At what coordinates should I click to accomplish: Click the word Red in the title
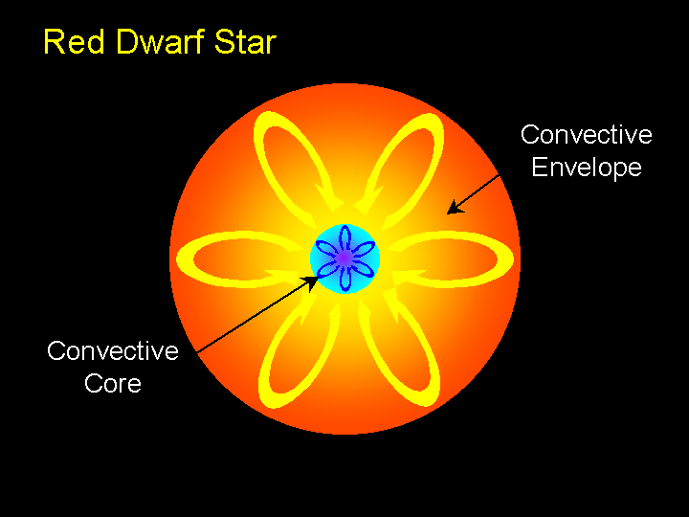point(75,42)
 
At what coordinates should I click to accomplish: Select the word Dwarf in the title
point(160,42)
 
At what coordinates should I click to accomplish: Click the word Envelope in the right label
point(587,168)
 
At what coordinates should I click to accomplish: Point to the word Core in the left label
point(113,383)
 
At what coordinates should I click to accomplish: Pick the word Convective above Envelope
point(587,134)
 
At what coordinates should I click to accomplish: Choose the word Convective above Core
point(113,350)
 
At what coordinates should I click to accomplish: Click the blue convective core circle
point(344,258)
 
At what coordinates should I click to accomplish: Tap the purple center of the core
point(344,258)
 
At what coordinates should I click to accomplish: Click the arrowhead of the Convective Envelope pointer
point(455,208)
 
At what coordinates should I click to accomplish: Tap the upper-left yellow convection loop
point(296,163)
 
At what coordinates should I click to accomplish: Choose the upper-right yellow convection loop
point(399,164)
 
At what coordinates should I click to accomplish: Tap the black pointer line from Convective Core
point(258,314)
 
